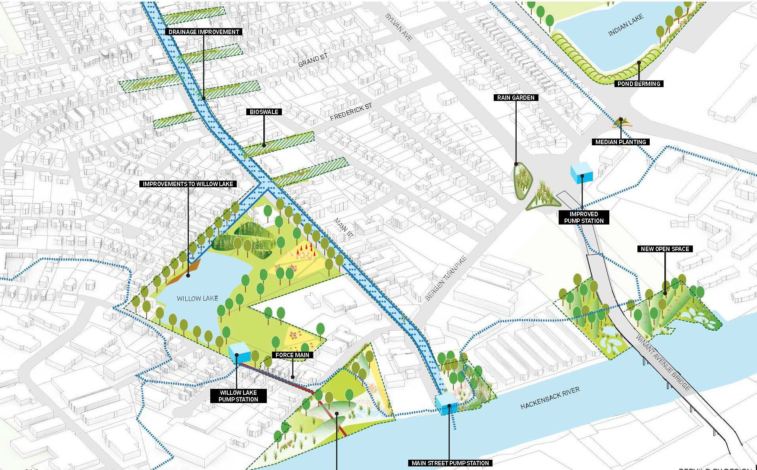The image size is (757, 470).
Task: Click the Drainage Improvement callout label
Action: [x=204, y=32]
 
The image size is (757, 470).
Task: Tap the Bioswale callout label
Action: [x=264, y=112]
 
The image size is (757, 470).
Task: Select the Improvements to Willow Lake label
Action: [x=188, y=184]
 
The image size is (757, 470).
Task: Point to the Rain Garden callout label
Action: [x=515, y=97]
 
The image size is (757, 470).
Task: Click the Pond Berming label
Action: [x=639, y=84]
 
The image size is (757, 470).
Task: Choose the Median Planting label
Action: [x=620, y=142]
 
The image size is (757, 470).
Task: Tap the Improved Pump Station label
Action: [x=584, y=217]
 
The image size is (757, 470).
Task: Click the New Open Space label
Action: [x=665, y=249]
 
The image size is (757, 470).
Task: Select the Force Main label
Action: [x=292, y=355]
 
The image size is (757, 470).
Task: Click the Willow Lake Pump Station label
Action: [x=238, y=396]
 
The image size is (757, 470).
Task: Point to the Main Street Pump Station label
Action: [x=450, y=463]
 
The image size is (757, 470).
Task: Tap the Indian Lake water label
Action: [x=626, y=25]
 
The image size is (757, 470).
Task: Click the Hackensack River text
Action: [x=550, y=398]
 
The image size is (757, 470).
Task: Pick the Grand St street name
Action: [x=313, y=60]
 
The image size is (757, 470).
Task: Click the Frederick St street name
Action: [x=351, y=112]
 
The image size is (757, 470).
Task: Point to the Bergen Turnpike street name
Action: [x=446, y=278]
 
